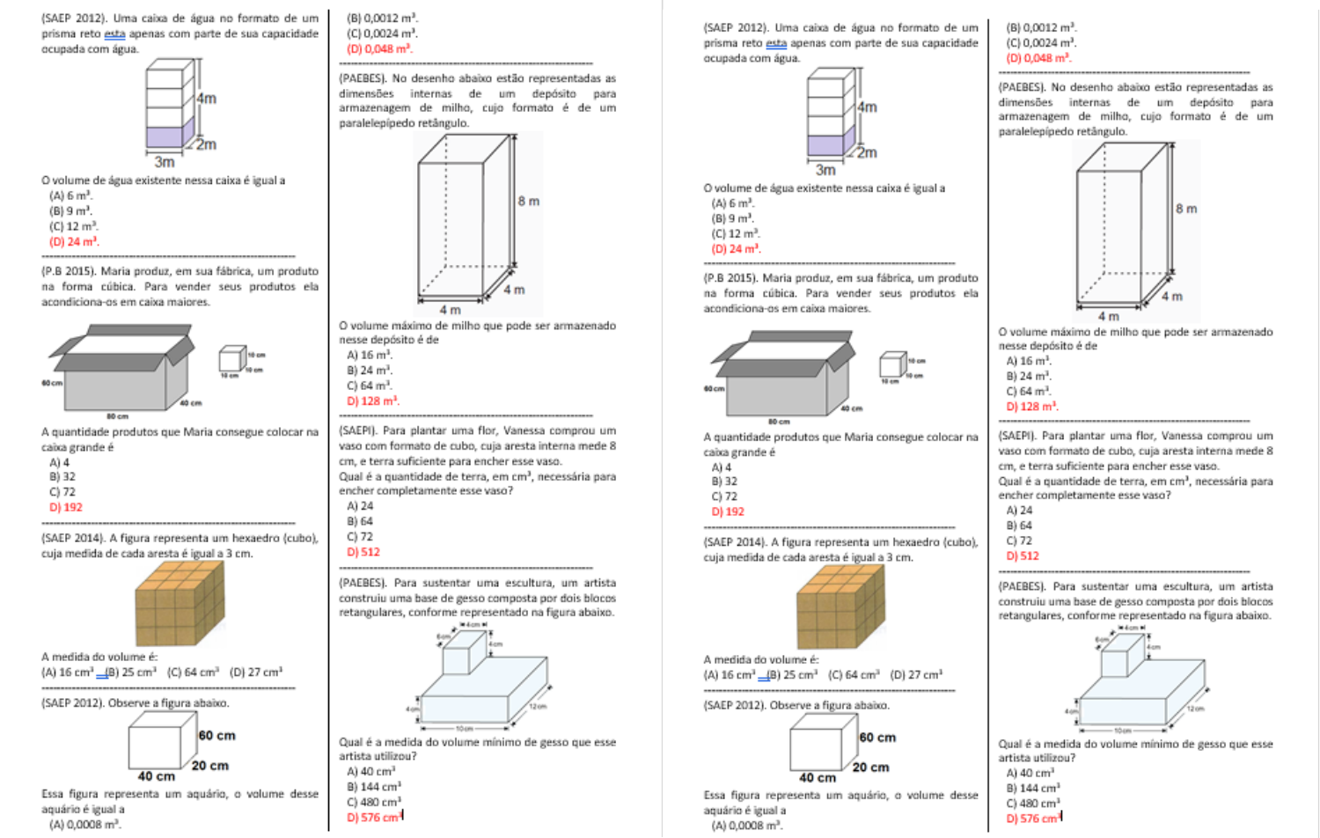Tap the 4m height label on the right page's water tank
tap(867, 107)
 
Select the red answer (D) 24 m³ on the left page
tap(74, 242)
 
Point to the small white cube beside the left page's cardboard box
tap(231, 359)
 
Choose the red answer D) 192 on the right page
tap(728, 511)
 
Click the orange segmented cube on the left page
tap(179, 603)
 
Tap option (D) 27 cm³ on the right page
tap(916, 675)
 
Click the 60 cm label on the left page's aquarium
tap(216, 736)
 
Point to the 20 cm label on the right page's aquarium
tap(870, 768)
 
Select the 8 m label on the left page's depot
tap(528, 202)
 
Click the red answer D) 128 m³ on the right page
tap(1032, 407)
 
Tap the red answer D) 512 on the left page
tap(363, 552)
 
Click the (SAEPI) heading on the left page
tap(358, 431)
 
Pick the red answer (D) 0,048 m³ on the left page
tap(379, 49)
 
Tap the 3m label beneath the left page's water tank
tap(165, 162)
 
